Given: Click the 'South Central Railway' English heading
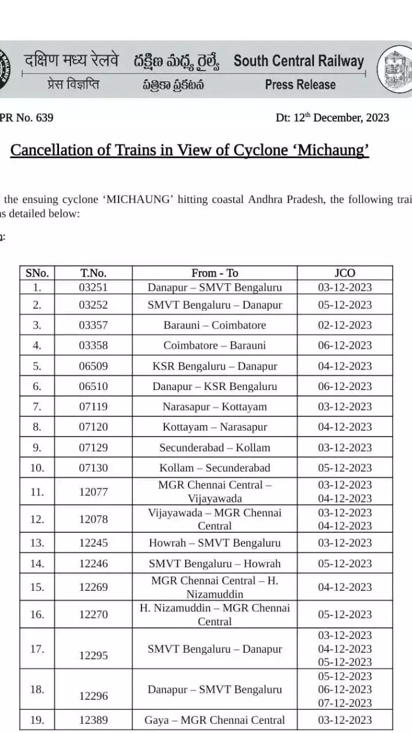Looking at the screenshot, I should tap(299, 61).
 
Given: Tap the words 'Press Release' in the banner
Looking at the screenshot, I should tap(300, 85).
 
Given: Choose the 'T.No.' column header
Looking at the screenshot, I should tap(93, 273).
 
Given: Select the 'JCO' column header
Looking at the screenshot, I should tap(344, 273).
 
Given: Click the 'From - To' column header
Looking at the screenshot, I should tap(214, 273).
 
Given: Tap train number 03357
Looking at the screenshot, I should tap(93, 325).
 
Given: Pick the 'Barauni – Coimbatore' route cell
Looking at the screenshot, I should tap(214, 325).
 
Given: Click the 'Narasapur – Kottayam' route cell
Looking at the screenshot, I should tap(214, 407).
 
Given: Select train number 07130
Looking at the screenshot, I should tap(93, 467).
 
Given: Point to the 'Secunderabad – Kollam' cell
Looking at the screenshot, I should tap(214, 447).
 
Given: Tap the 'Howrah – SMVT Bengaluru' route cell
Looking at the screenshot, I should tap(214, 543).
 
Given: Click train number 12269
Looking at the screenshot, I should tap(93, 587).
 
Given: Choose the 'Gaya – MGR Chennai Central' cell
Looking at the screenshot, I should tap(214, 720).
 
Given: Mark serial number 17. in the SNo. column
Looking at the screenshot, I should tap(37, 649).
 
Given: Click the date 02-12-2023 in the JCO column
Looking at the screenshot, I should tap(344, 325).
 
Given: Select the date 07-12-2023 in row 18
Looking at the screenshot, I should tap(344, 703).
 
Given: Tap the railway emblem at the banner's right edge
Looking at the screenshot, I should tap(396, 69).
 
